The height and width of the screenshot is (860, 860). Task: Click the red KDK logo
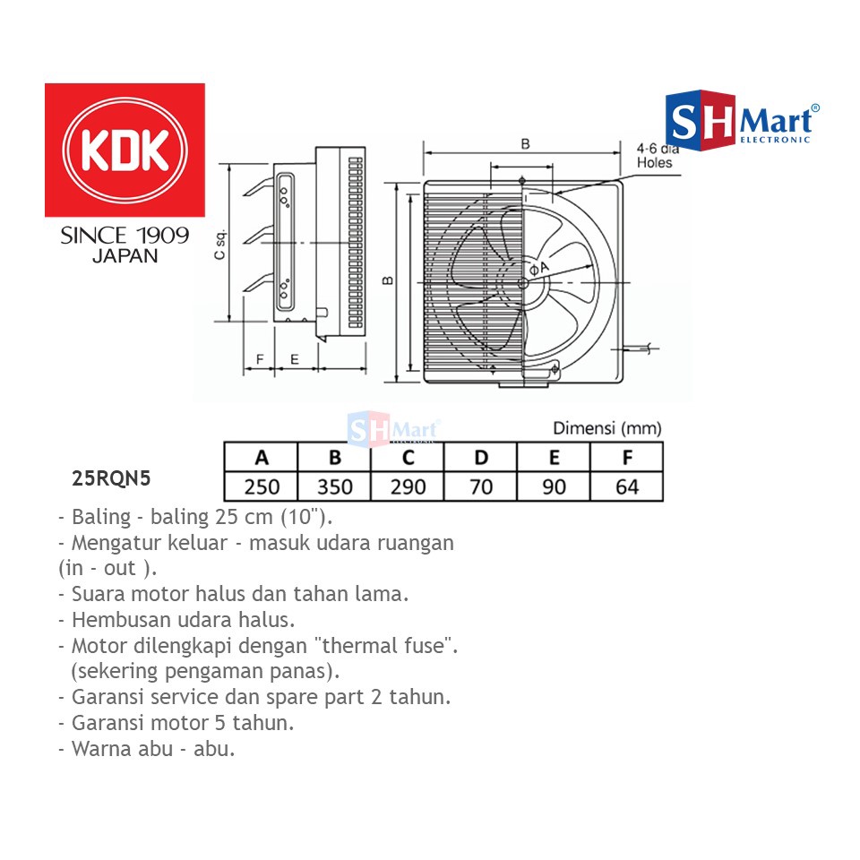pyautogui.click(x=125, y=150)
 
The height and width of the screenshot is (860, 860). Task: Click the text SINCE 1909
pyautogui.click(x=125, y=236)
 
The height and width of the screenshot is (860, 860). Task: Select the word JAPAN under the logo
pyautogui.click(x=125, y=255)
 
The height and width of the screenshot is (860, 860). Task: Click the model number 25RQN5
pyautogui.click(x=111, y=478)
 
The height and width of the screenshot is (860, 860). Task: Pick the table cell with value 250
pyautogui.click(x=261, y=487)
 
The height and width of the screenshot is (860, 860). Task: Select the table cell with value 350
pyautogui.click(x=334, y=487)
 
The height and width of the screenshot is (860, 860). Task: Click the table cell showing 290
pyautogui.click(x=408, y=487)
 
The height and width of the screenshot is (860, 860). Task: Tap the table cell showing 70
pyautogui.click(x=481, y=487)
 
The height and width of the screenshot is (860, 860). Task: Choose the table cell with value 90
pyautogui.click(x=554, y=487)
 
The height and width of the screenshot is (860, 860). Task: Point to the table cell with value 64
pyautogui.click(x=627, y=487)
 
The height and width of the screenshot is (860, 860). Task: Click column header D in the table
pyautogui.click(x=481, y=458)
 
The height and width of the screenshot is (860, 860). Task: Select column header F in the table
pyautogui.click(x=627, y=458)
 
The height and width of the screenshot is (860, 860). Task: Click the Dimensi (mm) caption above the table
pyautogui.click(x=606, y=428)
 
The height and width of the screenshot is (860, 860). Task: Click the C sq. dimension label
pyautogui.click(x=219, y=243)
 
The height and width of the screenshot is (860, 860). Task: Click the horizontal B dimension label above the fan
pyautogui.click(x=526, y=142)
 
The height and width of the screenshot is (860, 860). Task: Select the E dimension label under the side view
pyautogui.click(x=294, y=359)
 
